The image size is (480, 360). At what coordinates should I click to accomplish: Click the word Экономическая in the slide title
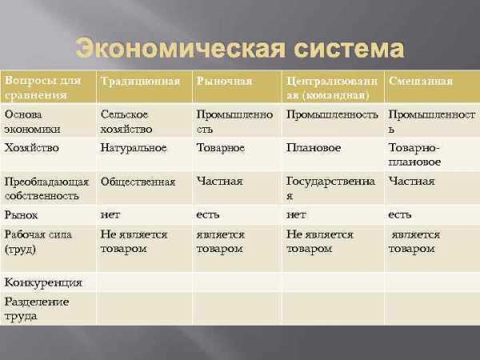coord(181,48)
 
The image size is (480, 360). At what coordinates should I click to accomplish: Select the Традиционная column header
coord(140,81)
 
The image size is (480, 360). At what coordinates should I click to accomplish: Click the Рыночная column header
coord(224,81)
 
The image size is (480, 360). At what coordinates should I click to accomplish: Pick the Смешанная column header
coord(421,81)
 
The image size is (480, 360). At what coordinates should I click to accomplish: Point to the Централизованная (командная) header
coord(332,88)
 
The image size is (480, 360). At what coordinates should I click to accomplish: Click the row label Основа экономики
coord(32,122)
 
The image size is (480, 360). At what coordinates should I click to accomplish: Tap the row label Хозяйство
coord(31,147)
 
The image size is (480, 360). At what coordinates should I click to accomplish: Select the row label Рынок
coord(21,215)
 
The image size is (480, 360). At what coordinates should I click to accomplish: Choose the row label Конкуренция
coord(43,282)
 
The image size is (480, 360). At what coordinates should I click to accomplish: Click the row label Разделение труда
coord(37,309)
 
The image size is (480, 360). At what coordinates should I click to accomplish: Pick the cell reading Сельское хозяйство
coord(126,122)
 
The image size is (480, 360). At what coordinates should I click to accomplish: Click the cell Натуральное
coord(134,148)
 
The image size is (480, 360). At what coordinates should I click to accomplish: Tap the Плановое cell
coord(314,147)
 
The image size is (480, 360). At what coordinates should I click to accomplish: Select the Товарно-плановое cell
coord(414,154)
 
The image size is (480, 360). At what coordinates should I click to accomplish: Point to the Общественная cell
coord(138,182)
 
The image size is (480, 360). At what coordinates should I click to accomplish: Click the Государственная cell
coord(330,188)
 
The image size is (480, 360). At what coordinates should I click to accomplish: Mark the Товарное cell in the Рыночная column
coord(221,147)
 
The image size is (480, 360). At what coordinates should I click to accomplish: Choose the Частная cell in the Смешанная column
coord(411,182)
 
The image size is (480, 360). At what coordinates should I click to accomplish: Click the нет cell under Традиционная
coord(110,215)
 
